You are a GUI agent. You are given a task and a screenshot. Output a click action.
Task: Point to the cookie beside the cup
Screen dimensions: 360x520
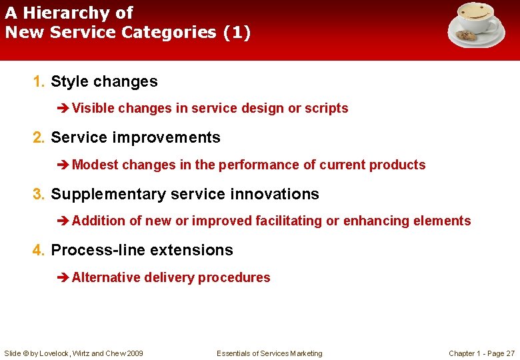click(x=464, y=36)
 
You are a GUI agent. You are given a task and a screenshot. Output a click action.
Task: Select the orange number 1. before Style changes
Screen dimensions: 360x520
click(x=39, y=82)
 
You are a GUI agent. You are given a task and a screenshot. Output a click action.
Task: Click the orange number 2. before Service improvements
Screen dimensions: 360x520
click(x=39, y=138)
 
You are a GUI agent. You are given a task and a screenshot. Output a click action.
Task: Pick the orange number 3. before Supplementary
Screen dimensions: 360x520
click(x=39, y=195)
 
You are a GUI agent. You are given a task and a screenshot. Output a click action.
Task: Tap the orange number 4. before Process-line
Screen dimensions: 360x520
click(x=39, y=251)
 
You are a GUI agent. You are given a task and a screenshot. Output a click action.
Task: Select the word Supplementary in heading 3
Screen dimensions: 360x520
click(x=109, y=195)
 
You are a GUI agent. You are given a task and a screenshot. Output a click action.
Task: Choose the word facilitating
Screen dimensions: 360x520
click(x=289, y=221)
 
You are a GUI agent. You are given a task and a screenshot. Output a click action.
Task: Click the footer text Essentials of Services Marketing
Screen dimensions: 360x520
click(x=269, y=353)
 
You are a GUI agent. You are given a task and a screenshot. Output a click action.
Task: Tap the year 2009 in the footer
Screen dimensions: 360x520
click(x=133, y=353)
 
